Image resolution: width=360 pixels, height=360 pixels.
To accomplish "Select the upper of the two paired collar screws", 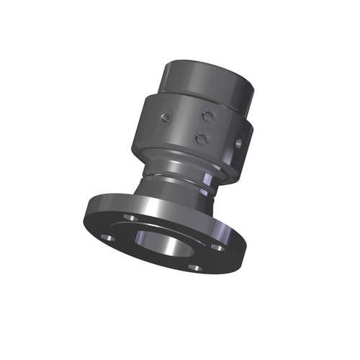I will (x=207, y=113).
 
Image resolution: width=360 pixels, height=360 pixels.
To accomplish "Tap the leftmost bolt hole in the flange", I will (x=107, y=236).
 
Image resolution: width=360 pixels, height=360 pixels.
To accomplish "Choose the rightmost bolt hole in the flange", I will (x=215, y=247).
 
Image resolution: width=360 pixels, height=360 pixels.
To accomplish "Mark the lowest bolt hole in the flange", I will (x=193, y=267).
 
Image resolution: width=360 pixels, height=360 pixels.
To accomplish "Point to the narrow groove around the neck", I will (x=176, y=173).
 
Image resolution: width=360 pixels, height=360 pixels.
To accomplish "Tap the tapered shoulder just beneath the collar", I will (x=173, y=160).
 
